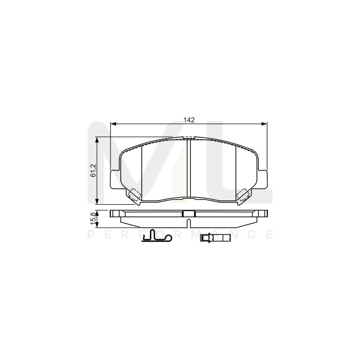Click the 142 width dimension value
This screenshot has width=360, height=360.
click(189, 120)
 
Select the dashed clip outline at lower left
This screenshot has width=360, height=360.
click(133, 195)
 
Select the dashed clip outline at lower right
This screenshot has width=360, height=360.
click(243, 195)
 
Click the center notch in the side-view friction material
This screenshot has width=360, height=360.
click(188, 220)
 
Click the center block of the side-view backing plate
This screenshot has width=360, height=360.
click(188, 214)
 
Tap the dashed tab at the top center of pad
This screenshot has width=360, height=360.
click(188, 138)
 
